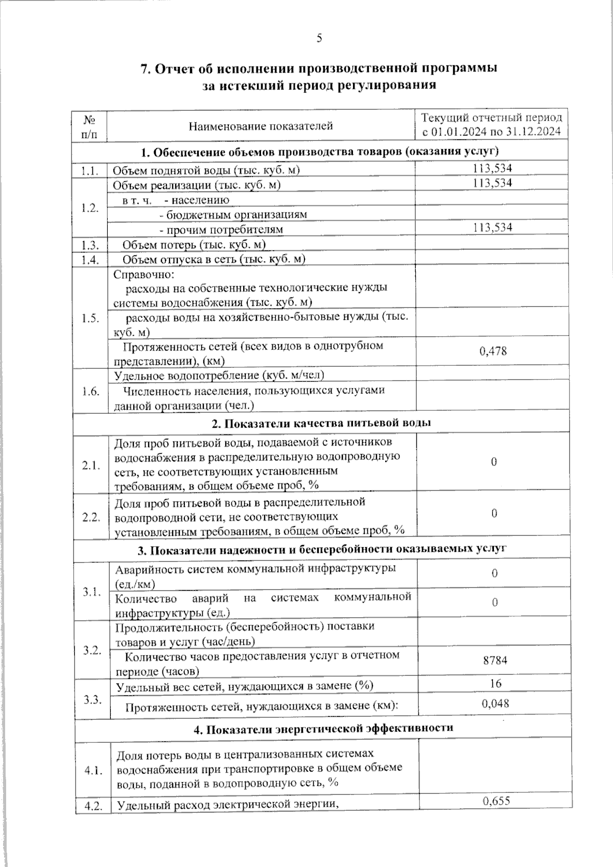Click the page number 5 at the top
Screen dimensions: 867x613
click(319, 38)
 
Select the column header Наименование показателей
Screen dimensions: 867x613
click(261, 126)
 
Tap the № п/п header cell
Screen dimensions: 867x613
click(90, 126)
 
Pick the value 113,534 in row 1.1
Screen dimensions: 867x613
click(492, 168)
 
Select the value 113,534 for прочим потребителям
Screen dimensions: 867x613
click(492, 227)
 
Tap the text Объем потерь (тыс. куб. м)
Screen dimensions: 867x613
click(194, 245)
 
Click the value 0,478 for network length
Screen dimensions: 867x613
click(493, 351)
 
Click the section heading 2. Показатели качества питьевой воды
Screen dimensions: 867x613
click(321, 423)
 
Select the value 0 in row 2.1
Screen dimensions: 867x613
click(494, 462)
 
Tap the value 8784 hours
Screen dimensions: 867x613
click(494, 660)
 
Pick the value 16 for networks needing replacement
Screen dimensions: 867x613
click(494, 684)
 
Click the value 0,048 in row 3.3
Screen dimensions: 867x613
click(495, 704)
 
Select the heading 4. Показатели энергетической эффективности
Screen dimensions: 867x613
click(323, 728)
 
